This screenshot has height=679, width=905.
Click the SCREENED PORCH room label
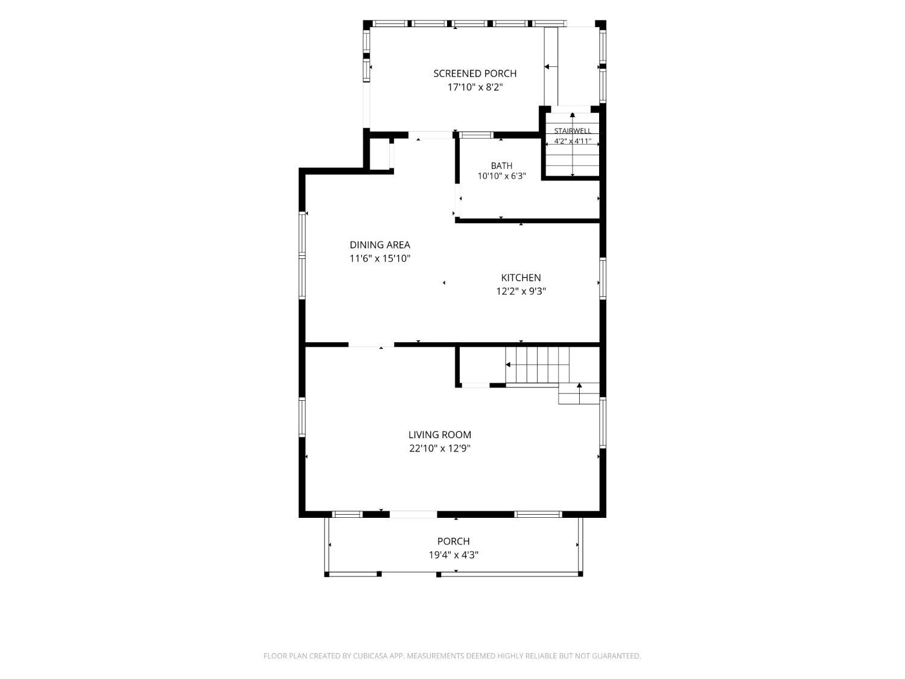tap(475, 74)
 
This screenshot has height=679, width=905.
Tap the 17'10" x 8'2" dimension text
tap(475, 88)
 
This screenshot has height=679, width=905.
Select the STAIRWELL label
tap(573, 131)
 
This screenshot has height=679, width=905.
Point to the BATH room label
tap(501, 166)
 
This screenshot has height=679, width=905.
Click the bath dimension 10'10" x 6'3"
tap(501, 176)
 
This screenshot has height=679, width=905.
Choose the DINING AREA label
tap(379, 245)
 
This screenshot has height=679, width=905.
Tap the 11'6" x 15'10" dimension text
tap(379, 259)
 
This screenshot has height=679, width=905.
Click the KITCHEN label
tap(521, 278)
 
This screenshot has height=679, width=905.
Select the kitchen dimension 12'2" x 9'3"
tap(521, 292)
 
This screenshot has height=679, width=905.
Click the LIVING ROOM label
tap(439, 435)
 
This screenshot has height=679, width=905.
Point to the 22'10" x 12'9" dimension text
tap(439, 448)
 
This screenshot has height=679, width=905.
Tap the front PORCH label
tap(453, 541)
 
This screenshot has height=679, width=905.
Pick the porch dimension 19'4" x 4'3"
tap(453, 555)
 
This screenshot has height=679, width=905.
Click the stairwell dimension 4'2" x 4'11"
tap(573, 141)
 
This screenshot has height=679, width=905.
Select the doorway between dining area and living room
tap(371, 345)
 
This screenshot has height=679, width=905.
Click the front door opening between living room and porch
tap(413, 514)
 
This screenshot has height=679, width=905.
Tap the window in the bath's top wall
tap(476, 135)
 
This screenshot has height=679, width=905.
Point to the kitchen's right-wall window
tap(602, 279)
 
